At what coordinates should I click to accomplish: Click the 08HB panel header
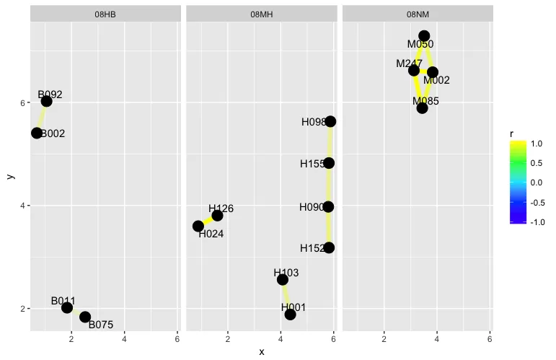tap(105, 14)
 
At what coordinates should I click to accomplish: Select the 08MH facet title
tap(261, 14)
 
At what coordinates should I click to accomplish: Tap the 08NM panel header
tap(418, 14)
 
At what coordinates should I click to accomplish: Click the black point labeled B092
tap(46, 101)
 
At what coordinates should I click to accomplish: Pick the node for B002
tap(36, 133)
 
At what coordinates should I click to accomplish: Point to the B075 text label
tap(101, 325)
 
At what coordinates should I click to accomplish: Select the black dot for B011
tap(67, 307)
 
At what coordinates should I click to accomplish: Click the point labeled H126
tap(217, 215)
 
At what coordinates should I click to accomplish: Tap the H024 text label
tap(211, 234)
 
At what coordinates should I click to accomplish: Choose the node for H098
tap(330, 121)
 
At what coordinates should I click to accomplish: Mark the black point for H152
tap(329, 247)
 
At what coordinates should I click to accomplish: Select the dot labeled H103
tap(283, 279)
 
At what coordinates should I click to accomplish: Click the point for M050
tap(424, 35)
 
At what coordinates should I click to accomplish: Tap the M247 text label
tap(408, 63)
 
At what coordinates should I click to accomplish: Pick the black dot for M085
tap(422, 108)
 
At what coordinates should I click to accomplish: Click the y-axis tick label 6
tap(24, 102)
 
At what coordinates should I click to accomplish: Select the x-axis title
tap(261, 351)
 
